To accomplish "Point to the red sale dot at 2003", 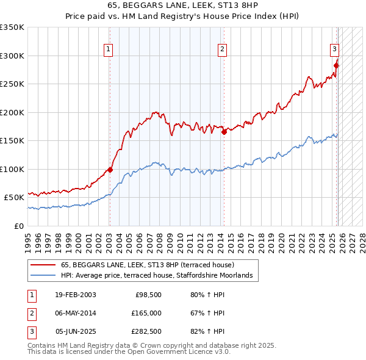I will tap(110, 170).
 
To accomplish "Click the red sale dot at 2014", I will tap(224, 131).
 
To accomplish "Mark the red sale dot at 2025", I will tap(336, 65).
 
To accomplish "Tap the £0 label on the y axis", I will tap(18, 226).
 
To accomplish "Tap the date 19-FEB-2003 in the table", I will tap(76, 295).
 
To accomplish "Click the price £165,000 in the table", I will tap(146, 313).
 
